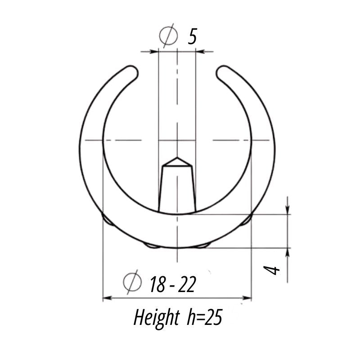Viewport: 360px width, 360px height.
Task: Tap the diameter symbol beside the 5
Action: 169,36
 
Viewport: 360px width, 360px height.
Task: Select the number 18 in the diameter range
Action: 157,285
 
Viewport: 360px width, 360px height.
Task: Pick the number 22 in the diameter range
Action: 187,285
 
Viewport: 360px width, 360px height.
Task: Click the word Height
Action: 156,318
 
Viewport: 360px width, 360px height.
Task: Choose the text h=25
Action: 204,318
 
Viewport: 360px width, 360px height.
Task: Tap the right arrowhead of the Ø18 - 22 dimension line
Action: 247,298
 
